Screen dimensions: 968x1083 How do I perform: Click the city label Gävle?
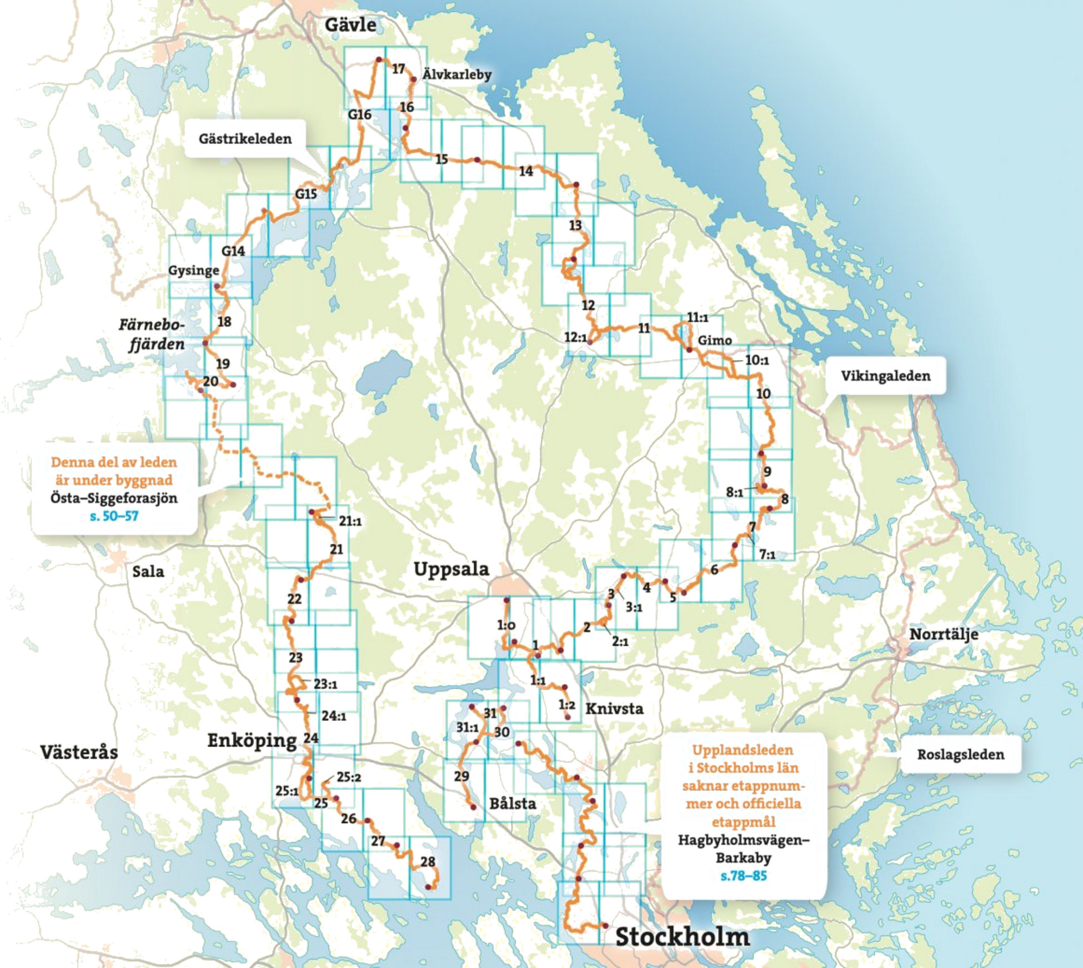[350, 25]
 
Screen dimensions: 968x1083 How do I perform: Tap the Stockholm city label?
[682, 937]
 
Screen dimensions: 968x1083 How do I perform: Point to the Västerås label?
[79, 752]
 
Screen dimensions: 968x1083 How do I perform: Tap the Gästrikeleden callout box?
[245, 138]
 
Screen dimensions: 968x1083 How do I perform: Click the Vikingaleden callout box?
[885, 376]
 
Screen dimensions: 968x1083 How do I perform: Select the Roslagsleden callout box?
[960, 754]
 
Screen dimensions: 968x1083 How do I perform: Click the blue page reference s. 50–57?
[114, 517]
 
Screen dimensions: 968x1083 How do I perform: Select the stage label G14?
[233, 251]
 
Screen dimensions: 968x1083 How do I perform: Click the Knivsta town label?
[614, 708]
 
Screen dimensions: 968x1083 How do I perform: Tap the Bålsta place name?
[513, 804]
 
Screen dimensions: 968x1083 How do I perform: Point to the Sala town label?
[148, 571]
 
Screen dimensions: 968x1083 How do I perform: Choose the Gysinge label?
[193, 271]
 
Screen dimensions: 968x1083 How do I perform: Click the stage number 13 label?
[575, 226]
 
